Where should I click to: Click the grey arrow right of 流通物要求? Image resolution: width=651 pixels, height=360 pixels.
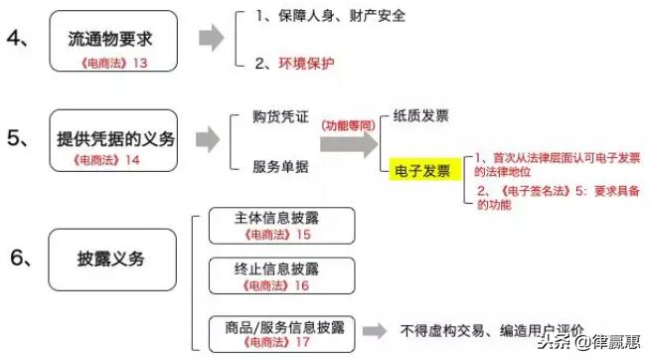pos(209,40)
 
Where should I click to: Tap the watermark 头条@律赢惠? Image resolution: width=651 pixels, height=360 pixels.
pos(601,343)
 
